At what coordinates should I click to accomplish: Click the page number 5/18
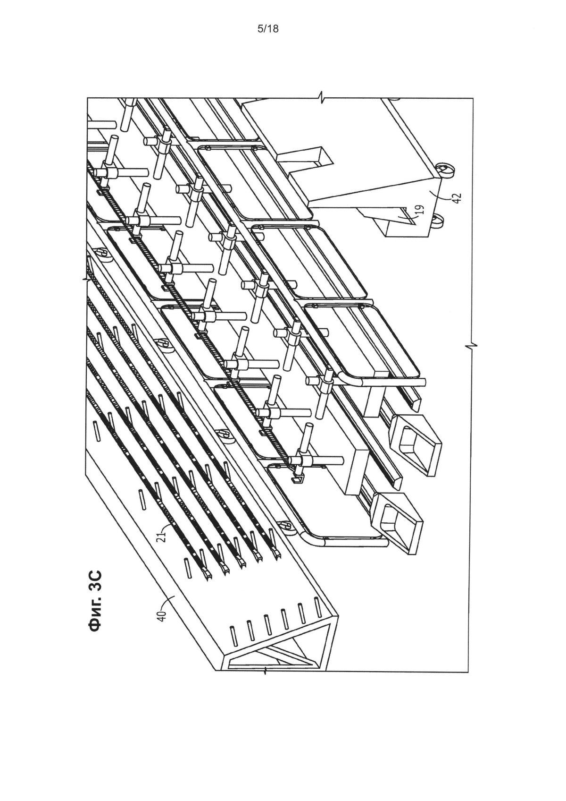point(267,29)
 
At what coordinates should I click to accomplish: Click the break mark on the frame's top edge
point(323,97)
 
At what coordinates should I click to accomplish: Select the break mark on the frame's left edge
point(86,279)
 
